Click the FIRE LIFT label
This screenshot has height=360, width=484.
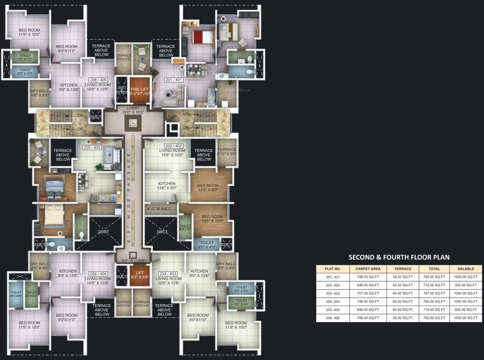tap(139, 91)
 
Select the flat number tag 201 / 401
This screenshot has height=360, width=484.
tap(173, 80)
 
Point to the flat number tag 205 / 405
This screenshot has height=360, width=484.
tap(92, 147)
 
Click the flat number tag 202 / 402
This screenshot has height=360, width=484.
tap(173, 145)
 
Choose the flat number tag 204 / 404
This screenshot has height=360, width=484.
tap(97, 273)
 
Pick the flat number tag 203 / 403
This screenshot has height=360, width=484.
tap(168, 273)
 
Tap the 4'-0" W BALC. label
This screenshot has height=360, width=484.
tap(160, 209)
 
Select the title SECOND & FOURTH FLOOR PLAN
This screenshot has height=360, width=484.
tap(399, 257)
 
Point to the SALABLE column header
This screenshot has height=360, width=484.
tap(465, 269)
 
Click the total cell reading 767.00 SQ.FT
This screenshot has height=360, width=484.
tap(434, 293)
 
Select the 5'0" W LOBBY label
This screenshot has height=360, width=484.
tap(134, 260)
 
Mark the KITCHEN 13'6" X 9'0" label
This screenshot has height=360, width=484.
tap(166, 186)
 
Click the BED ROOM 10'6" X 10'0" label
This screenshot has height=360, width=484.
tap(212, 219)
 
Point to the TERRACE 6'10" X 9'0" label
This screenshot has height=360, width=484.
tap(227, 151)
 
